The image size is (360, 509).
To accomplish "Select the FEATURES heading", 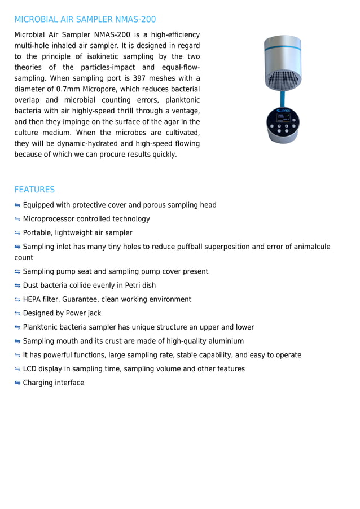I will tap(34, 190).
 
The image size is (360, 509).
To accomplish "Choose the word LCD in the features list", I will tap(30, 369).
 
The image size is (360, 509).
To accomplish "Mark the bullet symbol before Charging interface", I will tap(17, 383).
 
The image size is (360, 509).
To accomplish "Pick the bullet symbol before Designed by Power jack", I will tap(17, 314).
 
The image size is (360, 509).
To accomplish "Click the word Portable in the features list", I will tap(37, 233).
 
